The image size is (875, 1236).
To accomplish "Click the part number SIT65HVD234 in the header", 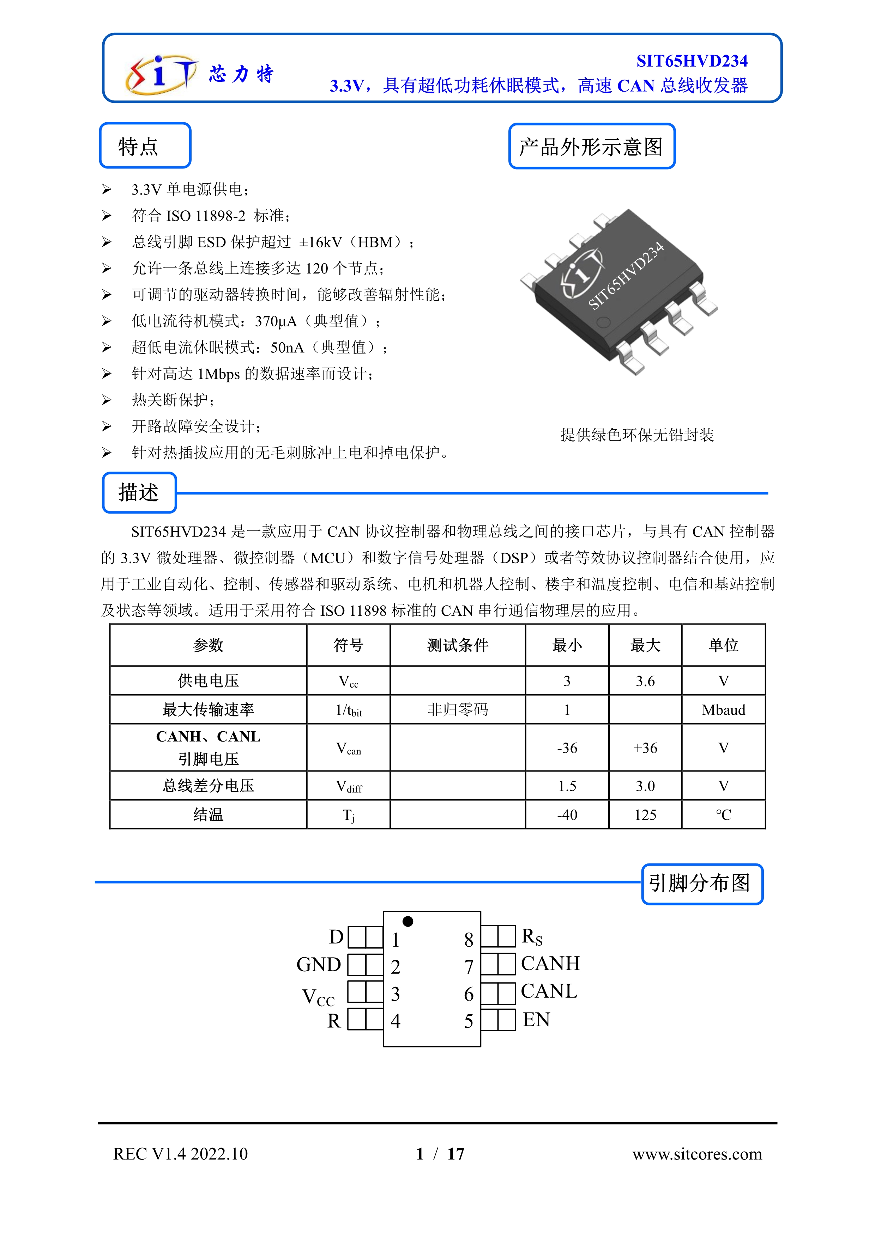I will [692, 61].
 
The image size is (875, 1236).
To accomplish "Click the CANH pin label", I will [550, 964].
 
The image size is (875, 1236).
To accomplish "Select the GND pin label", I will [319, 965].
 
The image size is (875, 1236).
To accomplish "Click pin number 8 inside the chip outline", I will [468, 940].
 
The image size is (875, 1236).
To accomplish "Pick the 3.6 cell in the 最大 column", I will [645, 681].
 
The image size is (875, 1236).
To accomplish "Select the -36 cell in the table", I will [567, 748].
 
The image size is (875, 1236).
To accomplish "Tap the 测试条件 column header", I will [458, 645].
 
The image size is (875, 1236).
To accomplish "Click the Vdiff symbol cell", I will [349, 787].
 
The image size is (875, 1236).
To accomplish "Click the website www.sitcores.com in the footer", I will [697, 1154].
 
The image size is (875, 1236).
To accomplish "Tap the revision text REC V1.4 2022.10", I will [181, 1154].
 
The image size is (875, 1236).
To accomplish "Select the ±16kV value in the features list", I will [321, 242].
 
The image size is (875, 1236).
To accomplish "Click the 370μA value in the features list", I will [275, 321].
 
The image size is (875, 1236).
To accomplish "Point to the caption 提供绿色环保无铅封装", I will [637, 435].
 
